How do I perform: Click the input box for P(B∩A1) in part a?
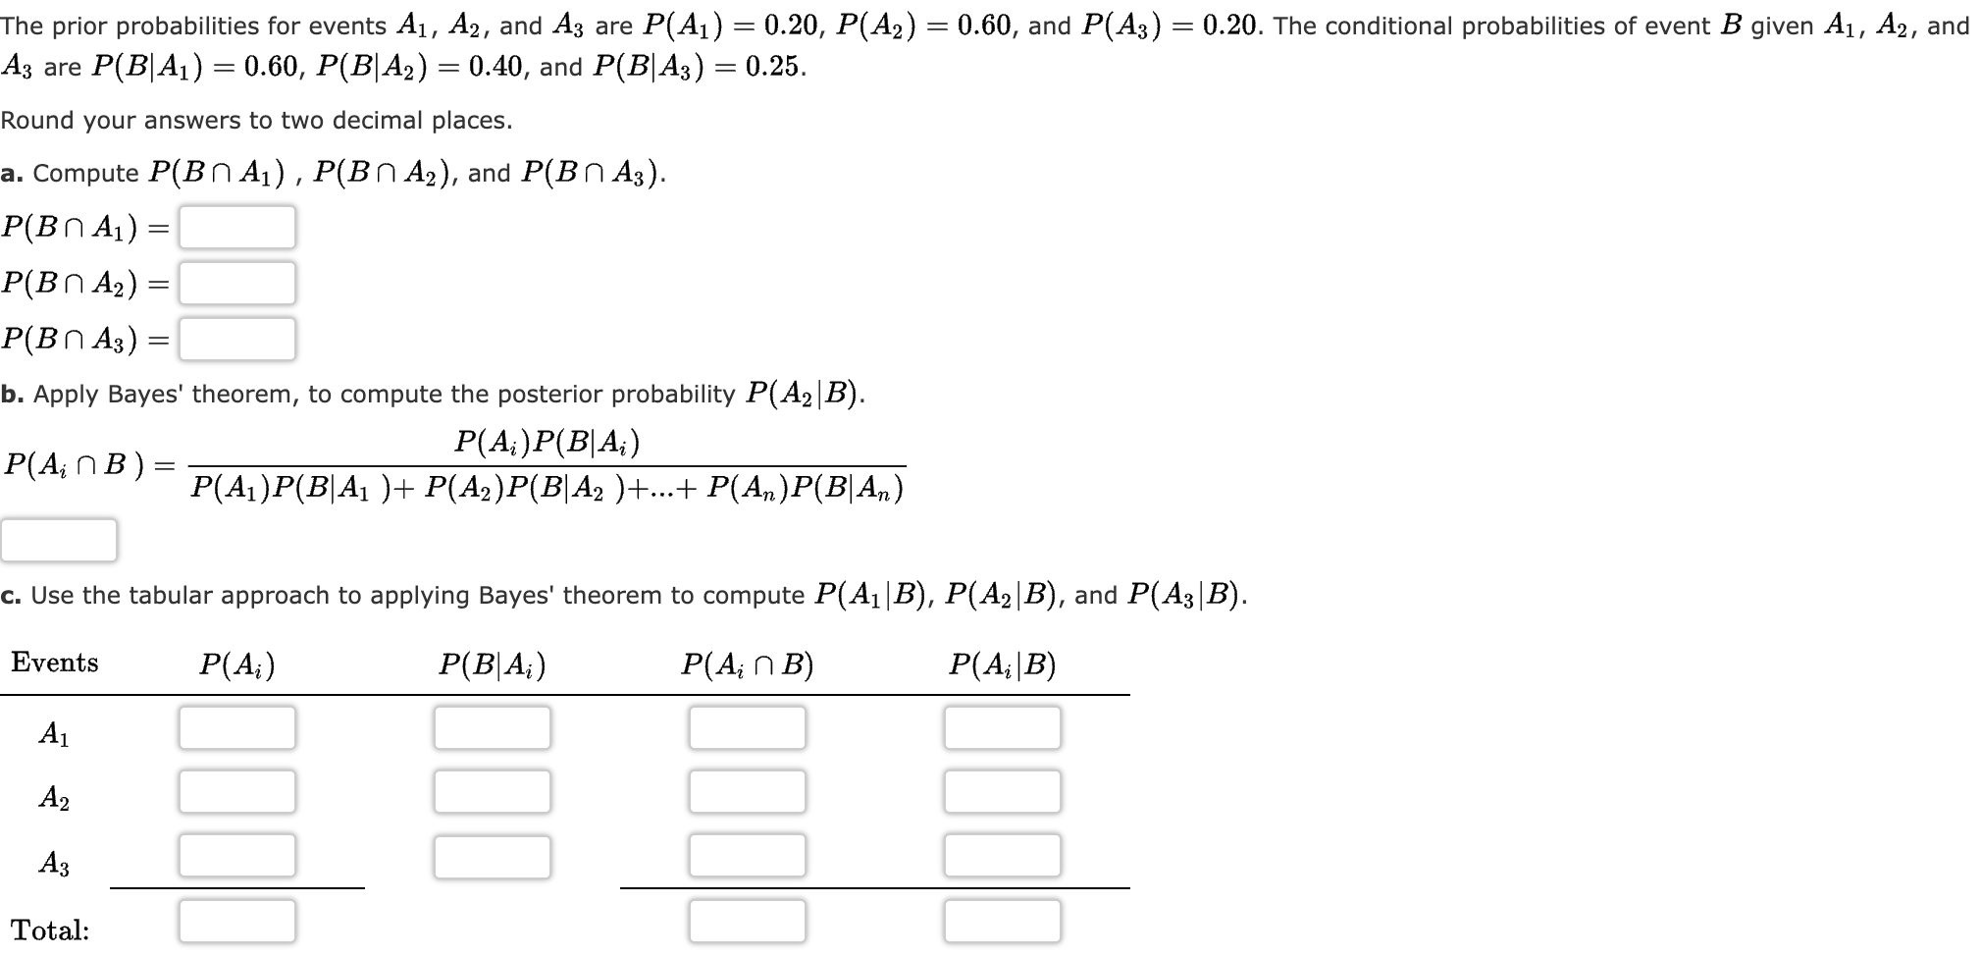236,227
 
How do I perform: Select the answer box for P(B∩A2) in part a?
236,283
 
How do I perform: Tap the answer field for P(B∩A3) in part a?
236,339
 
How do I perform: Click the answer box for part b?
59,540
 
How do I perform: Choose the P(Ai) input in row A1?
236,727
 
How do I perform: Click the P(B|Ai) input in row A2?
492,791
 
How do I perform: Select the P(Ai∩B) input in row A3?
747,855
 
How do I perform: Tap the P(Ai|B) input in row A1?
1002,727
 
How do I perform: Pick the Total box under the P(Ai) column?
236,921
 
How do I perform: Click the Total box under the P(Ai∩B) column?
747,921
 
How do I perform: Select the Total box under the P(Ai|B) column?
1002,921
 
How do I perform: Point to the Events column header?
55,663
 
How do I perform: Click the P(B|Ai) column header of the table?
492,664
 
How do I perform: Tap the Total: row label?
50,929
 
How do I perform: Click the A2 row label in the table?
54,797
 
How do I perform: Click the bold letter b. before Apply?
12,395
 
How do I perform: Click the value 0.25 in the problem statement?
774,68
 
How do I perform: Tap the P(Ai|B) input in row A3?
1002,855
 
